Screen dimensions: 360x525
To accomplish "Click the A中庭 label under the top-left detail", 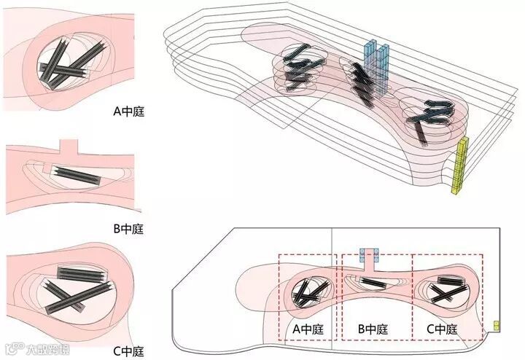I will click(128, 113).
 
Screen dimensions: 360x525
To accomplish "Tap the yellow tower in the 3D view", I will click(461, 167).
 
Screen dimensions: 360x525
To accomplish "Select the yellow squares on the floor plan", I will click(497, 325).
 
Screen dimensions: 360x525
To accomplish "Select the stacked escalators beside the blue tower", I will click(362, 80).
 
